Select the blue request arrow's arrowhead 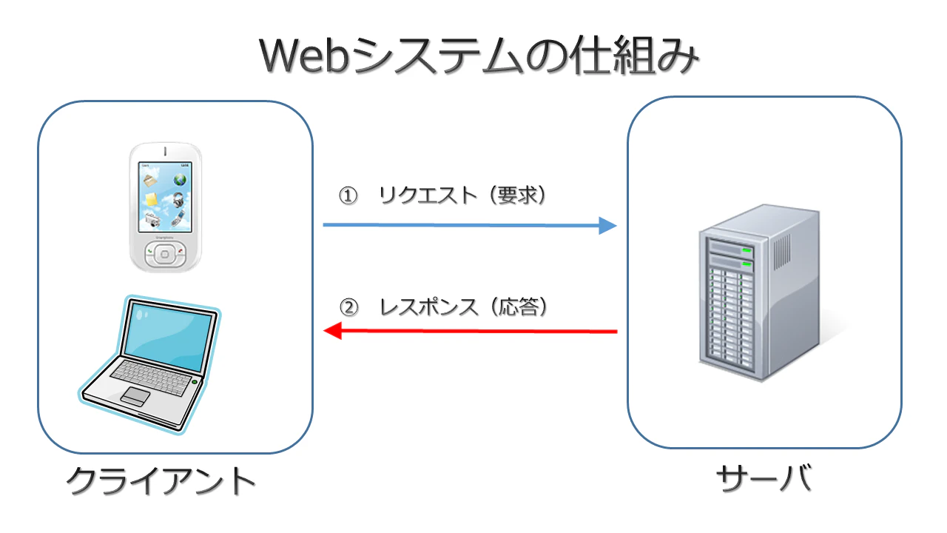[x=607, y=226]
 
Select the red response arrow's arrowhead [x=333, y=331]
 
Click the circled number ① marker [x=348, y=195]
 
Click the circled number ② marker [x=348, y=306]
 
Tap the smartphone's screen [x=165, y=199]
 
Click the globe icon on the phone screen [x=180, y=179]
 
